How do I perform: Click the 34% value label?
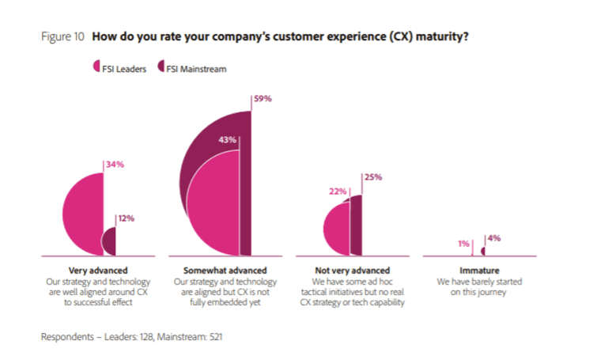pos(115,165)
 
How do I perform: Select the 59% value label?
pos(263,99)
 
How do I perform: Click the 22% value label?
pos(338,191)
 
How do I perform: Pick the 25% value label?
pos(373,177)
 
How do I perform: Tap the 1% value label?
pos(463,244)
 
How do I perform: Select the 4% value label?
pos(494,237)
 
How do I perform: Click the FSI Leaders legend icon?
pos(96,68)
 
